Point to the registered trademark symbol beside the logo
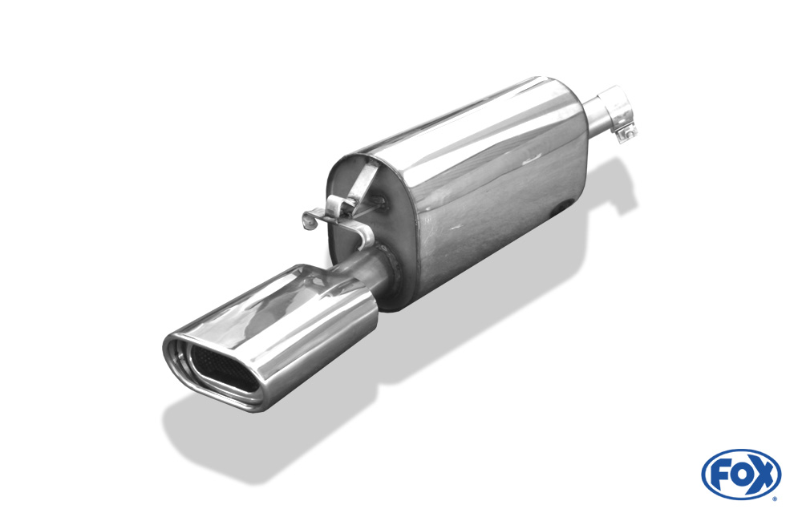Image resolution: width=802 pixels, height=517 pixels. point(775,499)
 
